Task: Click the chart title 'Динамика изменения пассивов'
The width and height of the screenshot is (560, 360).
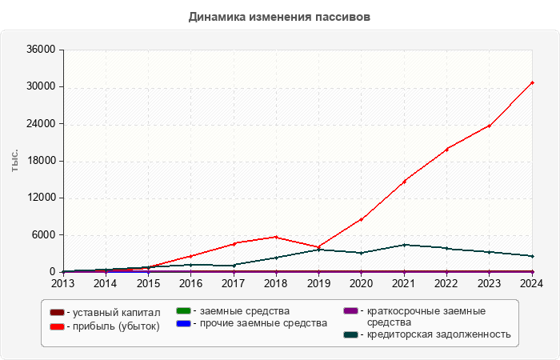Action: point(279,17)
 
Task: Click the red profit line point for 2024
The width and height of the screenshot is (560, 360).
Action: point(532,82)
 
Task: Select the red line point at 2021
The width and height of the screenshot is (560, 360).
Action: point(404,182)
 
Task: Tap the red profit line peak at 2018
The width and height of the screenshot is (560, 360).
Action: point(276,237)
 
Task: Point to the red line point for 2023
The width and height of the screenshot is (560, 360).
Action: point(489,126)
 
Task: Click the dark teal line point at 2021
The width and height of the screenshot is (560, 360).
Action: point(404,245)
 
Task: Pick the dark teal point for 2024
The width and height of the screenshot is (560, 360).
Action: point(532,256)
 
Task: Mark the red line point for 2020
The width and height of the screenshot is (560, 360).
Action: point(361,219)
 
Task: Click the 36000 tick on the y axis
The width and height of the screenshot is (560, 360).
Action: point(40,50)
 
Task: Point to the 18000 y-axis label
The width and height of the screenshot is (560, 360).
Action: point(40,161)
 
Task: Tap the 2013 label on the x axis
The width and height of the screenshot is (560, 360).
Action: point(62,282)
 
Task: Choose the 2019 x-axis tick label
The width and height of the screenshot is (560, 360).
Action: point(318,282)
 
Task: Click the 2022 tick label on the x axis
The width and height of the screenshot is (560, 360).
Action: point(446,282)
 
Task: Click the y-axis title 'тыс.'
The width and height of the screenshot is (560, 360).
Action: point(15,160)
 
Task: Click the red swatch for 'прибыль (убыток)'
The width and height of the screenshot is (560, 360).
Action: point(57,326)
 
